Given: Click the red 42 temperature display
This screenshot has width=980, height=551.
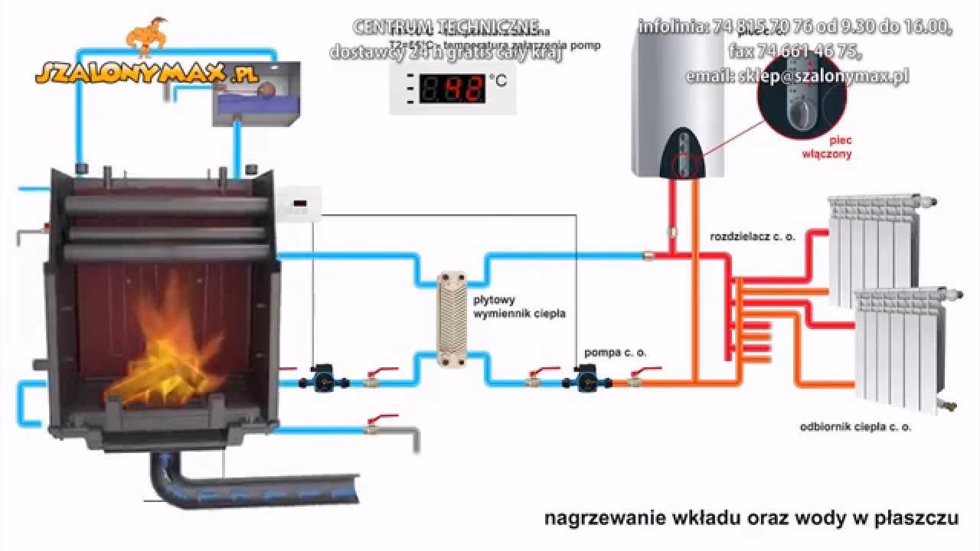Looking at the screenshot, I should (x=454, y=88).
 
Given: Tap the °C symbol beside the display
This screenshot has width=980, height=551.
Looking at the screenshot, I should (x=497, y=80).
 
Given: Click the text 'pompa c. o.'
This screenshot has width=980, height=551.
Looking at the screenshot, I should (x=615, y=353).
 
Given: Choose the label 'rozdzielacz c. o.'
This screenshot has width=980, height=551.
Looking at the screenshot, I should (x=753, y=236).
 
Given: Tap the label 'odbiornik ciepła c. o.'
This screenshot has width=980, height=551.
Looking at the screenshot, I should (x=855, y=427).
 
